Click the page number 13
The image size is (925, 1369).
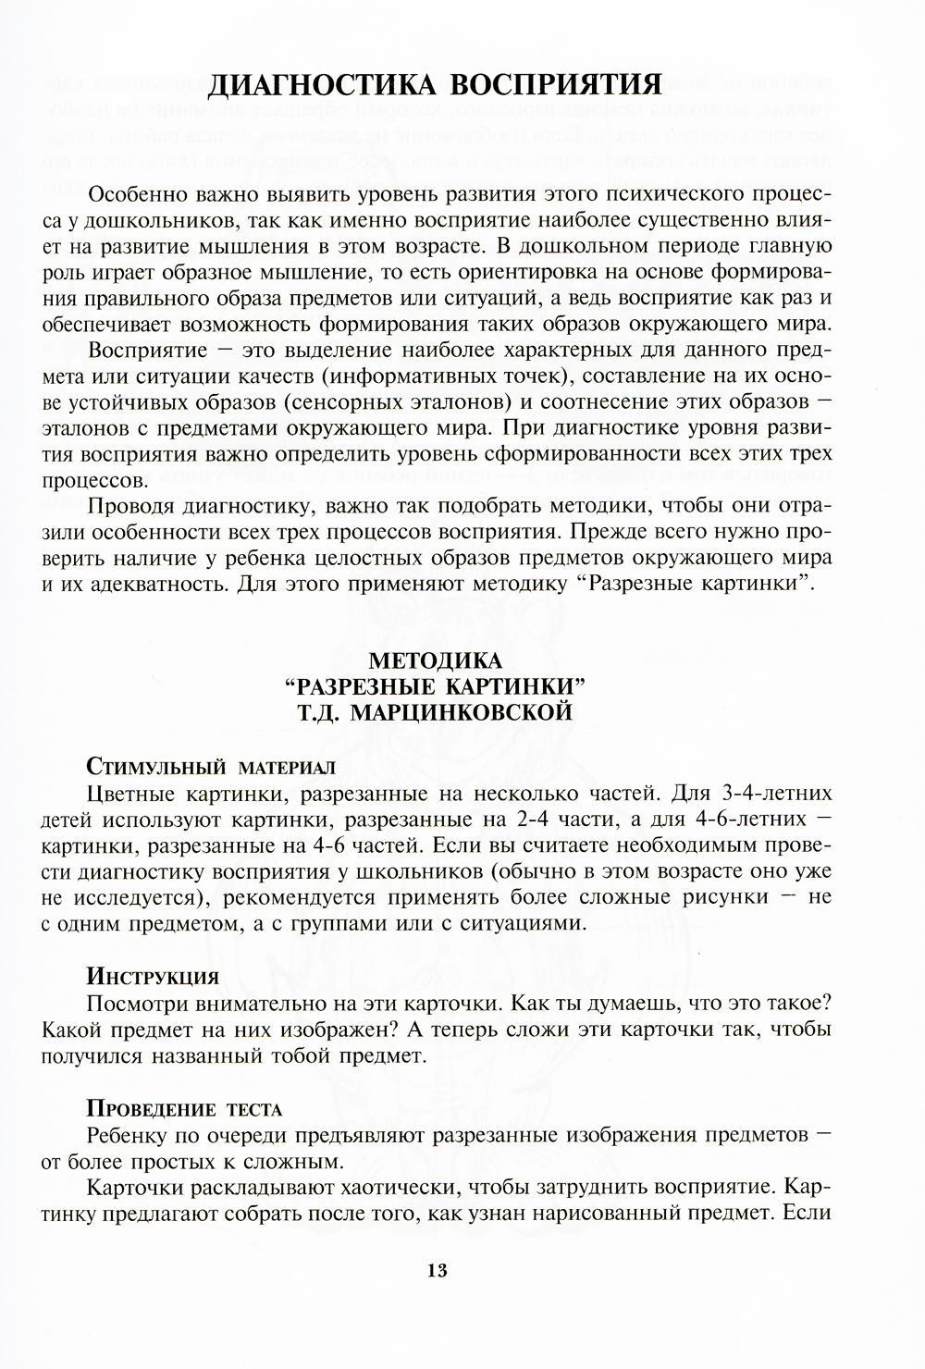pos(438,1270)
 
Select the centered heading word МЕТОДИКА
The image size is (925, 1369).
pos(436,661)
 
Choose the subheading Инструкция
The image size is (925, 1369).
pos(153,977)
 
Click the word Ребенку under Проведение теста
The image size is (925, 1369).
pos(133,1135)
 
